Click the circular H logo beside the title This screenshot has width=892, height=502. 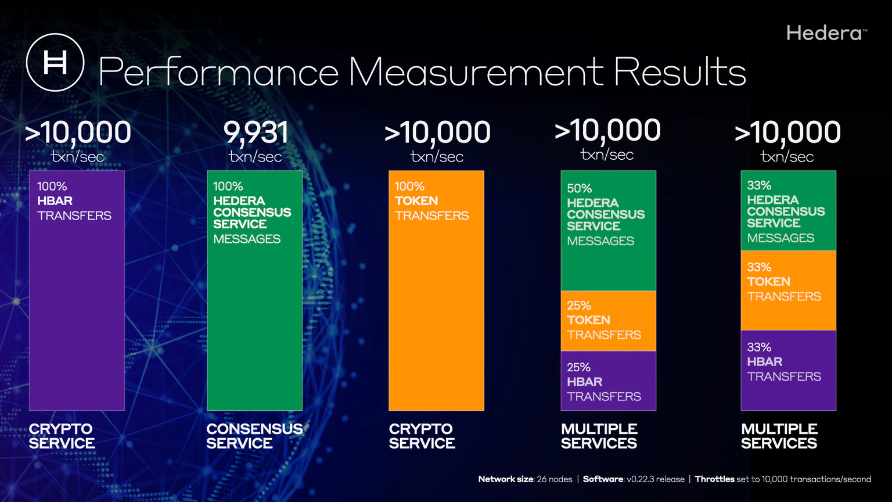pyautogui.click(x=55, y=62)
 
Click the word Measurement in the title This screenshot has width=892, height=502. pyautogui.click(x=476, y=73)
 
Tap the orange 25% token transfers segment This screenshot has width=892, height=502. pyautogui.click(x=608, y=321)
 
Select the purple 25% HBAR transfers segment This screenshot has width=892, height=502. pyautogui.click(x=608, y=381)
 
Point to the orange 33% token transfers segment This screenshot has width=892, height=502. pyautogui.click(x=788, y=291)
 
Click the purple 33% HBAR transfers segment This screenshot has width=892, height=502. pyautogui.click(x=788, y=371)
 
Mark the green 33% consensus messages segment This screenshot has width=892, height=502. pyautogui.click(x=788, y=210)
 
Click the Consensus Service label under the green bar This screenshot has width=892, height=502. pyautogui.click(x=254, y=436)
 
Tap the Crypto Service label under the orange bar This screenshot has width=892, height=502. pyautogui.click(x=422, y=436)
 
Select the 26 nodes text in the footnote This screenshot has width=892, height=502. pyautogui.click(x=554, y=479)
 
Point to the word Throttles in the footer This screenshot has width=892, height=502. pyautogui.click(x=714, y=479)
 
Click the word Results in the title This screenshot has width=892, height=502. pyautogui.click(x=679, y=73)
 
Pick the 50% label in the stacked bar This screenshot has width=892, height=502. pyautogui.click(x=579, y=188)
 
